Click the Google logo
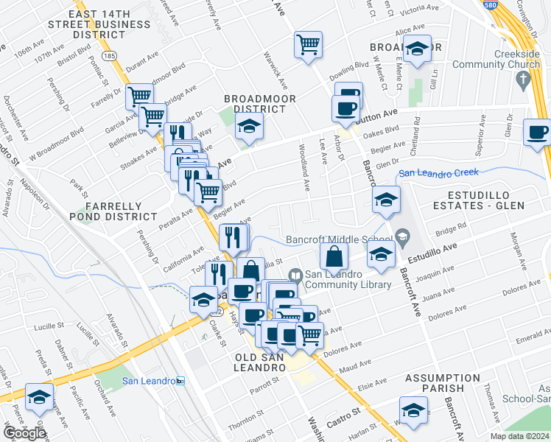[x=24, y=433]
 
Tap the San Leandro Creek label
[x=438, y=173]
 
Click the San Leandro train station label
[x=150, y=381]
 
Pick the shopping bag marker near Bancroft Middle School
[x=334, y=256]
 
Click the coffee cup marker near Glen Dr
[x=537, y=133]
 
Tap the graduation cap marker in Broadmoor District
[x=250, y=127]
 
